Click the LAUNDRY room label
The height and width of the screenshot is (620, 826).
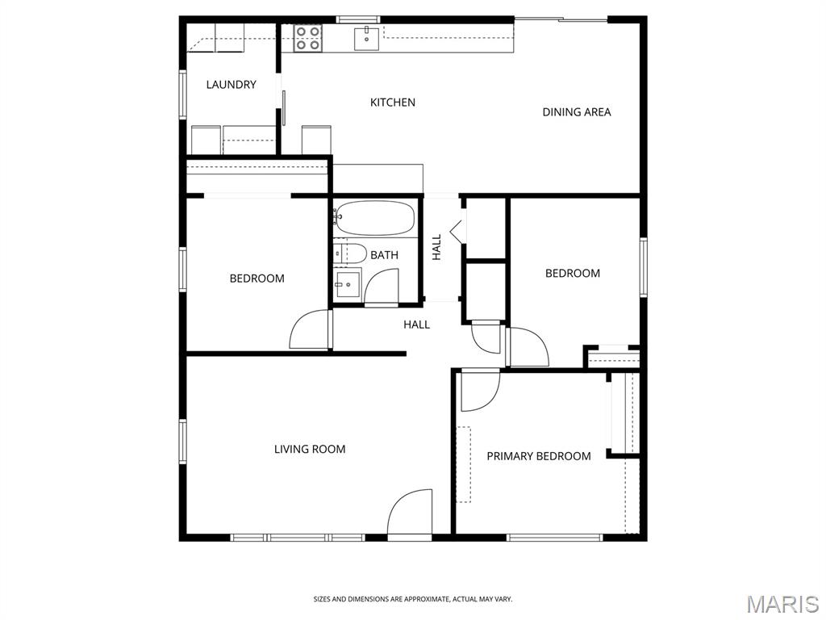tap(231, 84)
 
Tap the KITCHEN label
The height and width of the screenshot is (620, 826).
tap(393, 103)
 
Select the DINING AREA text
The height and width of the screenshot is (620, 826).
tap(576, 111)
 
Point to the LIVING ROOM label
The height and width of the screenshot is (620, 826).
tap(310, 449)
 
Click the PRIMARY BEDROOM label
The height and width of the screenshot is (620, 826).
tap(538, 456)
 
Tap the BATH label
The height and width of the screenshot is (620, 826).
tap(384, 255)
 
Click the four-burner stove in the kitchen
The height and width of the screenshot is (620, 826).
tap(307, 39)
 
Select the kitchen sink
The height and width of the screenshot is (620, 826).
tap(367, 38)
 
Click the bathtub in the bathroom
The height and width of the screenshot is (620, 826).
tap(375, 217)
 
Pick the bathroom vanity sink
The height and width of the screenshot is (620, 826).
tap(347, 285)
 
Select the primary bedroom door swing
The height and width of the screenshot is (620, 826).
tap(480, 392)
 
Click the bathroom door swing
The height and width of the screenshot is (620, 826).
tap(382, 287)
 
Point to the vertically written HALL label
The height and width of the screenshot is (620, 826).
tap(436, 247)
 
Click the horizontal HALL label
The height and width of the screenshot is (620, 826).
tap(417, 325)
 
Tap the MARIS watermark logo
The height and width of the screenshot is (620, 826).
tap(782, 603)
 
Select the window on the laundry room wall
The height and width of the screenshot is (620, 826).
tap(183, 94)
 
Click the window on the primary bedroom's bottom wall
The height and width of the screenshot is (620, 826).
tap(555, 538)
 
